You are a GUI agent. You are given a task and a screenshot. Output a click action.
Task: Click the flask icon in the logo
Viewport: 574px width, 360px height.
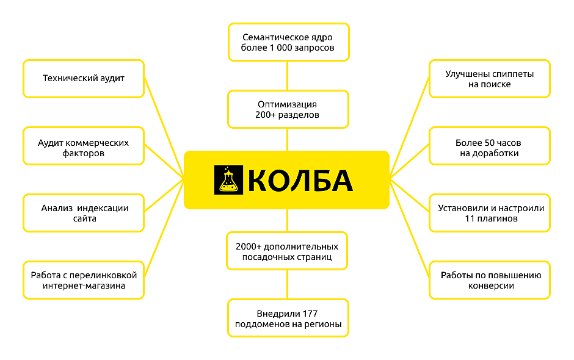228,179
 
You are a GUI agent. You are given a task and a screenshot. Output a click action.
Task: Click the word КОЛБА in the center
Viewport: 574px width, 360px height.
300,181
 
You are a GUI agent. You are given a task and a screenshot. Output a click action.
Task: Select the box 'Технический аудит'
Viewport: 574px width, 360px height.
84,79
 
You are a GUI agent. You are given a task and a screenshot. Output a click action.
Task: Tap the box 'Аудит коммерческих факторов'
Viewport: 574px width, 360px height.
84,146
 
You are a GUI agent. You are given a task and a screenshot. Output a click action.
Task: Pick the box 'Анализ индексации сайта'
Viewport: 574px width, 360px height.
84,213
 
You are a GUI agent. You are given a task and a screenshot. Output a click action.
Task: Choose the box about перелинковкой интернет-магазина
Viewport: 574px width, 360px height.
84,280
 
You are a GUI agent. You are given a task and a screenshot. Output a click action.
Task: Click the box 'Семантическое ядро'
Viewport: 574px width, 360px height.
288,42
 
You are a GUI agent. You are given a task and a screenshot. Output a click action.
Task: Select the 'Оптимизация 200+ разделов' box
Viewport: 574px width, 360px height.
288,109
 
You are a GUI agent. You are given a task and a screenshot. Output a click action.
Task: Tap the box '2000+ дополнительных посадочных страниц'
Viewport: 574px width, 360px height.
287,251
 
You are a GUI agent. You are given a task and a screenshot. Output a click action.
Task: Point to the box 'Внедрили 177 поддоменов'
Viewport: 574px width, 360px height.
288,318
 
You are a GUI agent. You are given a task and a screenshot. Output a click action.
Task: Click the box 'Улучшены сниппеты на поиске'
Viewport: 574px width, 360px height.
490,79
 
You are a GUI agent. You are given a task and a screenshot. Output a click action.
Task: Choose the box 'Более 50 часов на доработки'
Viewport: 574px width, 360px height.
490,146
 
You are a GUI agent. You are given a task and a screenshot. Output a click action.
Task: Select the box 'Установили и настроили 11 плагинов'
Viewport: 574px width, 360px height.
490,213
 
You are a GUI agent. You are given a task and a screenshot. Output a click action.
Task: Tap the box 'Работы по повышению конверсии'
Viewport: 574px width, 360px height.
490,280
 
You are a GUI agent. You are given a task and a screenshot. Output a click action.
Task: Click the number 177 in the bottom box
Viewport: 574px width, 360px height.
310,314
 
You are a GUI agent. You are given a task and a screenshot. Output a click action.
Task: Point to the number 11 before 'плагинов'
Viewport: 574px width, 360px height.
470,218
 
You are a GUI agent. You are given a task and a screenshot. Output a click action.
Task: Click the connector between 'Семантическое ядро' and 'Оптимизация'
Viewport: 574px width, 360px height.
288,76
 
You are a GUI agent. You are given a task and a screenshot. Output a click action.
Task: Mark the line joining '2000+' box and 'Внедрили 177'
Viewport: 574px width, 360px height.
288,284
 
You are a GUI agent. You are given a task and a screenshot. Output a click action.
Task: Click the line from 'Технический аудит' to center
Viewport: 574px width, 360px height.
164,128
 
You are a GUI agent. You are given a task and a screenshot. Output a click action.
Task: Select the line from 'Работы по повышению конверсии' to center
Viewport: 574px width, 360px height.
409,229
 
